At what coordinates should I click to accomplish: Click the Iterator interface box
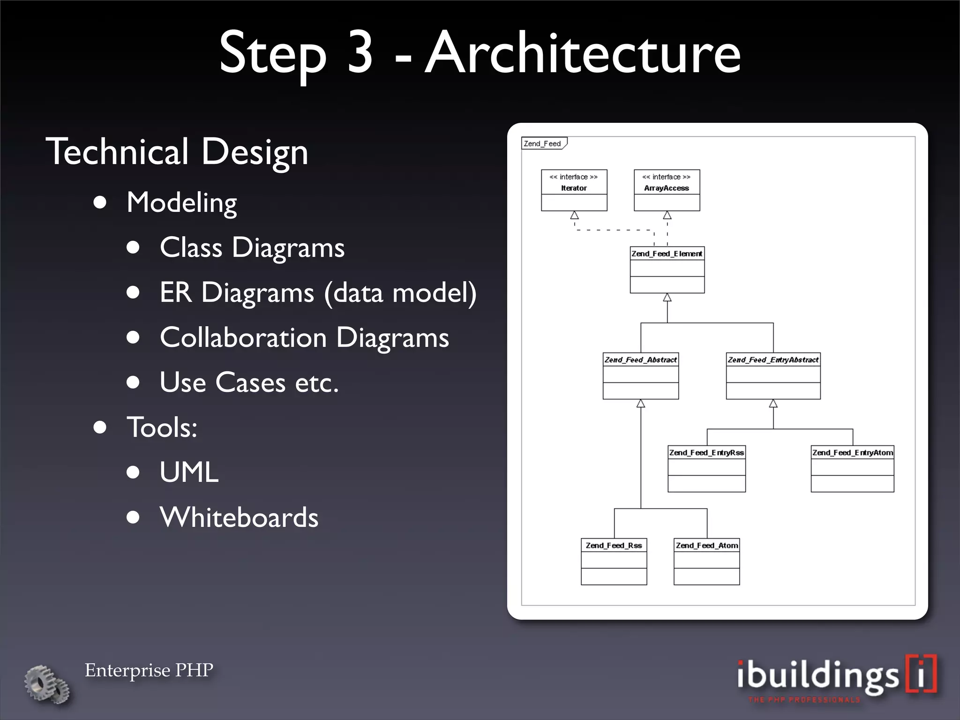(574, 190)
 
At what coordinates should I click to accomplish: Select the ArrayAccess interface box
(667, 190)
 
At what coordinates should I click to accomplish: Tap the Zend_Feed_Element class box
(667, 270)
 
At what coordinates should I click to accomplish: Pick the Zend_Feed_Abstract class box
(640, 376)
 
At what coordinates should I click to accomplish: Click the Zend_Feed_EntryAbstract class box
(773, 376)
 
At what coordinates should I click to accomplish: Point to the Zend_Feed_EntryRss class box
(706, 469)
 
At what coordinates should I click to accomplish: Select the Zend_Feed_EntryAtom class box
(852, 469)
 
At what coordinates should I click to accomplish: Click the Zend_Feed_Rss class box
(614, 562)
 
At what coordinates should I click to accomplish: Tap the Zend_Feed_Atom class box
(706, 562)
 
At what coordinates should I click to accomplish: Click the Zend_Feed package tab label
(543, 143)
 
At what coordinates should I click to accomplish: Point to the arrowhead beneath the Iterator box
(574, 216)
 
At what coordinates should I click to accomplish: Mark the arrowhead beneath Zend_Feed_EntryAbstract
(773, 404)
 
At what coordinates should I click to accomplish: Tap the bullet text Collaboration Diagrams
(304, 337)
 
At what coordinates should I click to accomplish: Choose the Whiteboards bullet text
(239, 517)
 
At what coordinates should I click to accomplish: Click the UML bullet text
(189, 472)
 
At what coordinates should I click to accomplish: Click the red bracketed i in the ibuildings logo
(921, 674)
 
